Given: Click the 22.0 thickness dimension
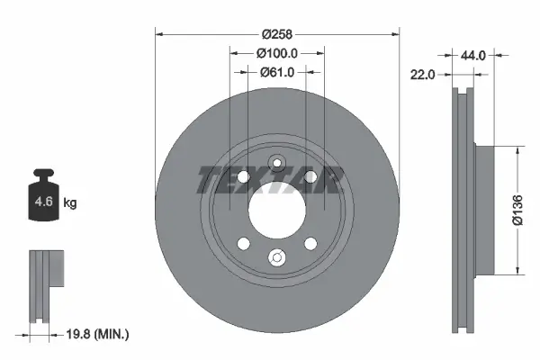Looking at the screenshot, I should (x=423, y=76).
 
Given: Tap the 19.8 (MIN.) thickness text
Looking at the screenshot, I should (x=97, y=334).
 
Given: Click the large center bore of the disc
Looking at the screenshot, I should (x=277, y=211).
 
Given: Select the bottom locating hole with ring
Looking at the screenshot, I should (x=277, y=259).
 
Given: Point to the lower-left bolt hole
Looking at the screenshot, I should (x=244, y=244).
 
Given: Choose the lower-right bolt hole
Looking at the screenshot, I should (x=310, y=244).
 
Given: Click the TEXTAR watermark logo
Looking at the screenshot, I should (x=270, y=180).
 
